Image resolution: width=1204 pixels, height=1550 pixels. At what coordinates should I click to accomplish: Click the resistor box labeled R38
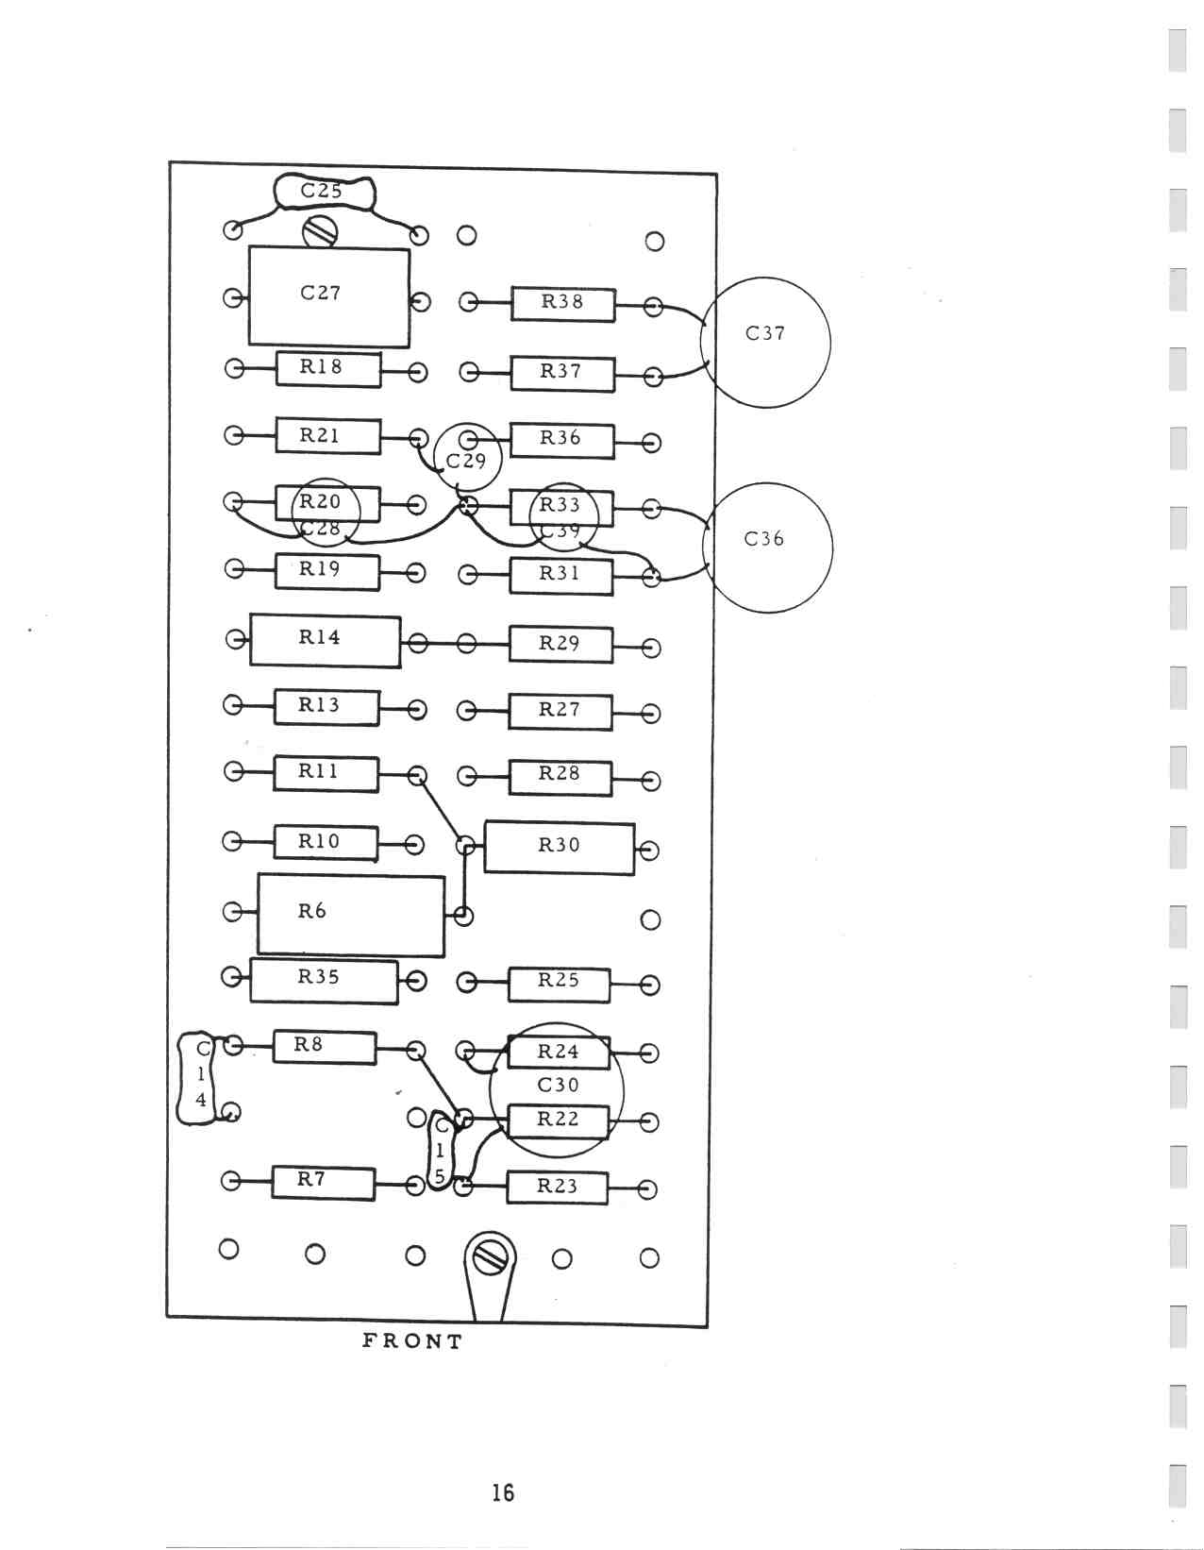(562, 304)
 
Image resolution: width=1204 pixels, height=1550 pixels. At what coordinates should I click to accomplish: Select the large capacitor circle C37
(765, 342)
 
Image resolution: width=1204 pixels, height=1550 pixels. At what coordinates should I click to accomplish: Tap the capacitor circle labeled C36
(769, 547)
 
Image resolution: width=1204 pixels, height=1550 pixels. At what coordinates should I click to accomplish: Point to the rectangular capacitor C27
(328, 296)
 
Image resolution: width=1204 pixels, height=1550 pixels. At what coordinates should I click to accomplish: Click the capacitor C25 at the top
(324, 192)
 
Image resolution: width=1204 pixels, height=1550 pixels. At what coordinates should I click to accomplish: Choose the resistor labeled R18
(327, 369)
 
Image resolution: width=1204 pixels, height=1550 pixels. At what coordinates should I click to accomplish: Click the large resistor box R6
(350, 915)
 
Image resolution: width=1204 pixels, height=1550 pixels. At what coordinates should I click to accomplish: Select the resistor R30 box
(559, 848)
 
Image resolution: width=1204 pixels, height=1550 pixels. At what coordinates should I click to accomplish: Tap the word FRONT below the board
(412, 1341)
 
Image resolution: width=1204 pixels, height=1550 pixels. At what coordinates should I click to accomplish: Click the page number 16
(503, 1492)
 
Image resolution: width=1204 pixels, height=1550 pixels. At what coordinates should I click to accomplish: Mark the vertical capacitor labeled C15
(441, 1150)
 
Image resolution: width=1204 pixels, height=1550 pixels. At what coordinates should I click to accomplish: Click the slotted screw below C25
(320, 230)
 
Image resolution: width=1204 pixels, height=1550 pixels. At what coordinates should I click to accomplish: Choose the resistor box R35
(323, 980)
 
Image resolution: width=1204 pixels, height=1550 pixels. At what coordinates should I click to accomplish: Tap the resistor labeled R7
(323, 1182)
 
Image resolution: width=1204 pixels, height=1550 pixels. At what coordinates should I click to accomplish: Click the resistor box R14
(325, 640)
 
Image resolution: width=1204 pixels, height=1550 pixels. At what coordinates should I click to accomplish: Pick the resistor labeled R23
(557, 1188)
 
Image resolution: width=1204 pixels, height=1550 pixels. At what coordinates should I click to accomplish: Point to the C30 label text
(558, 1085)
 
